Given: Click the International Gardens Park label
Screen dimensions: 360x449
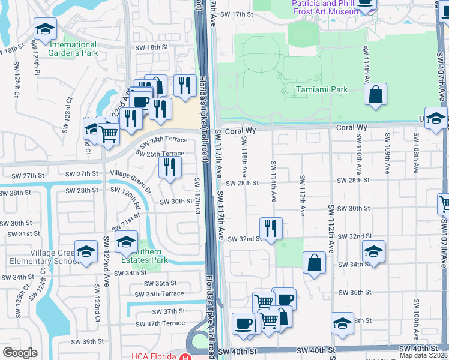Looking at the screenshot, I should pos(74,49).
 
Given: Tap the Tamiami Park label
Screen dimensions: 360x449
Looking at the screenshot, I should pos(321,89).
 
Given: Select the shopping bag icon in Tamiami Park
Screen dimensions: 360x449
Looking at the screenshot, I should pos(375,95).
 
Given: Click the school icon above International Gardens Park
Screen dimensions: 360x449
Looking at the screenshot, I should pos(45,28).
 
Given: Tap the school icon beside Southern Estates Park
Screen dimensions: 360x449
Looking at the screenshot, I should pos(126,242).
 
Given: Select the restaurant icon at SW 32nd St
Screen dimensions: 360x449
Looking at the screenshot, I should pos(271,228).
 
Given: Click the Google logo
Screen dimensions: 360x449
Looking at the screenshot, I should pos(20,353).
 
